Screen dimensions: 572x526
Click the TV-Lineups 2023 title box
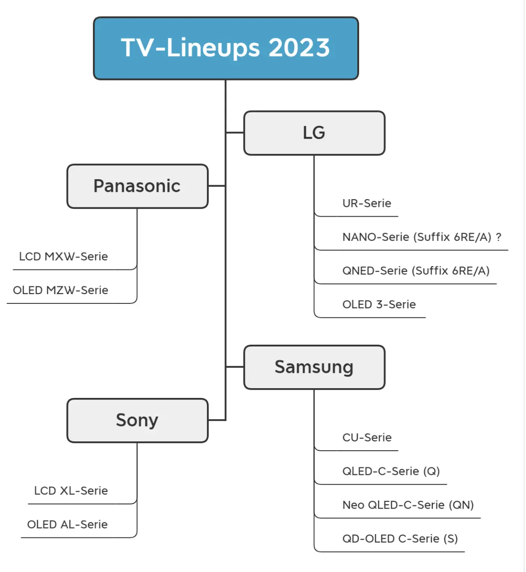coord(226,48)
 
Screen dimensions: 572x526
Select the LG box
coord(314,133)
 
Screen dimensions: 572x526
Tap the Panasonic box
coord(137,186)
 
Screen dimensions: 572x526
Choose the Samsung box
coord(314,367)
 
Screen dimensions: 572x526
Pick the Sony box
coord(137,420)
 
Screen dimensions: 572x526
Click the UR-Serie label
coord(367,203)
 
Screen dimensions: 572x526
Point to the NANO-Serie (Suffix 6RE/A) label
coord(417,237)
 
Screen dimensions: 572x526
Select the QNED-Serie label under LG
coord(416,271)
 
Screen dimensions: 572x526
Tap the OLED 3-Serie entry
coord(379,304)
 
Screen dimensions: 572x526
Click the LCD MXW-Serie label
coord(63,257)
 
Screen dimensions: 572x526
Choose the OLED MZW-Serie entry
coord(60,290)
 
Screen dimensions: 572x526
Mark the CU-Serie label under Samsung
coord(367,438)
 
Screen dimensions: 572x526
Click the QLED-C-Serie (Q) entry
coord(391,471)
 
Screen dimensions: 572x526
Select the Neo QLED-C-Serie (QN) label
coord(408,505)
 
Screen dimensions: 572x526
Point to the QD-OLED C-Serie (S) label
coord(400,539)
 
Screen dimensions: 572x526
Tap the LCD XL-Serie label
coord(71,491)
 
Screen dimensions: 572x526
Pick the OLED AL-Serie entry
coord(67,524)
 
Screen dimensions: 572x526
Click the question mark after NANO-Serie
coord(498,237)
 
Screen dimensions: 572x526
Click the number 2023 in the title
coord(299,48)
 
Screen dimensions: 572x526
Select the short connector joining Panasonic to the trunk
coord(217,186)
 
